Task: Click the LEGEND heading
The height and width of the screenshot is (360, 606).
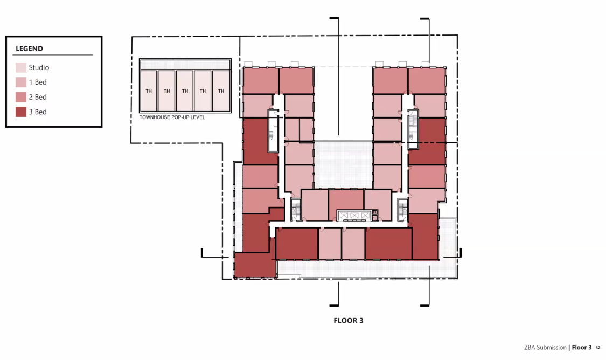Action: point(29,49)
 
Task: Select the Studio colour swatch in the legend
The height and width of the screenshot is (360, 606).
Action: point(21,68)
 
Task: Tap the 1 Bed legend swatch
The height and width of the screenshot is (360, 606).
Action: point(21,82)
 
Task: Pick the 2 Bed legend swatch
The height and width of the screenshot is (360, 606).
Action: point(21,97)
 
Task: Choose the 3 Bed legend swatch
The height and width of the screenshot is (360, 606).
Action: point(21,112)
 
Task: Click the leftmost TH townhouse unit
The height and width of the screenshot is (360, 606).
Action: point(149,91)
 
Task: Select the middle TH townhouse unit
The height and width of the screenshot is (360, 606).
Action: point(185,91)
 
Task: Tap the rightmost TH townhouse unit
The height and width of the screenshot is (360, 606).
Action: point(221,91)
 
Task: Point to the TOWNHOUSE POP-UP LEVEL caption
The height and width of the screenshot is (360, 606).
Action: point(172,117)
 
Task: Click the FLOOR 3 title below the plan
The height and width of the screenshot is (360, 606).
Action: point(348,320)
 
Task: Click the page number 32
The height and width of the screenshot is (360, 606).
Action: point(598,348)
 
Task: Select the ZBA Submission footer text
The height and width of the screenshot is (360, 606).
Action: point(545,347)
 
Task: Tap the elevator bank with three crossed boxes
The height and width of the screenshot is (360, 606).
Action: point(354,216)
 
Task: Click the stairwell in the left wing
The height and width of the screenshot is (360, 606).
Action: point(273,131)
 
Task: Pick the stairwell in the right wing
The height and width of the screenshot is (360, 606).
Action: point(413,129)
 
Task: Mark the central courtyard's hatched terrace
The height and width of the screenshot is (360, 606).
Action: point(343,165)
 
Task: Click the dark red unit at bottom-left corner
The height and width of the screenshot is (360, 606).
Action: point(255,265)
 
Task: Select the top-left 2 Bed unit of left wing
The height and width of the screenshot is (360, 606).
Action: point(261,80)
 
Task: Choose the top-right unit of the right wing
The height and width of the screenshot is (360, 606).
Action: point(427,80)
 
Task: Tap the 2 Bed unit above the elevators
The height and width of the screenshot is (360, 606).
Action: point(346,200)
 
